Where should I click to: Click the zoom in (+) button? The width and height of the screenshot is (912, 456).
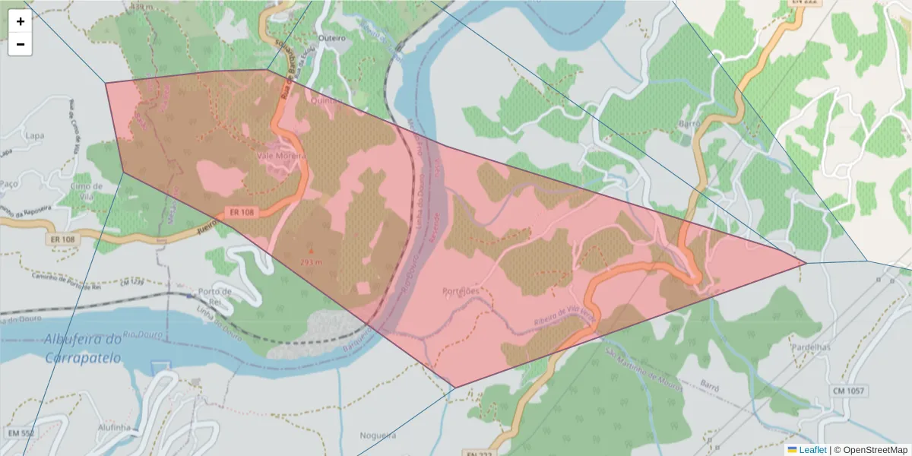click(21, 21)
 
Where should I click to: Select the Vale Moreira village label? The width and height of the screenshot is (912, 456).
click(282, 156)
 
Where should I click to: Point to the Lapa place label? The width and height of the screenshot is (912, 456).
click(34, 135)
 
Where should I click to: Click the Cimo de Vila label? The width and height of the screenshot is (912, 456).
click(86, 186)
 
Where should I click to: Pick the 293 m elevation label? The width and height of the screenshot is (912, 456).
click(312, 262)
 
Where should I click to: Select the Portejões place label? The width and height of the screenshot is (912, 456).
click(461, 291)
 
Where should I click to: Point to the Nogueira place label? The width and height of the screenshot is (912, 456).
click(378, 435)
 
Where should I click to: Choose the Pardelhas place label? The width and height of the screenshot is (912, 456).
click(811, 347)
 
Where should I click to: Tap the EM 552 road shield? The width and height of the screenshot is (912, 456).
click(21, 432)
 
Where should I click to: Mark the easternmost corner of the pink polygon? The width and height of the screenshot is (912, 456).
click(806, 264)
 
